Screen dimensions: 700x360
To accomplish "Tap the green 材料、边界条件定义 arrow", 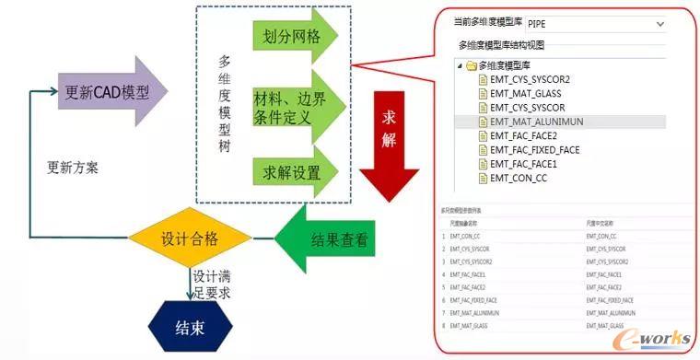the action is click(294, 110).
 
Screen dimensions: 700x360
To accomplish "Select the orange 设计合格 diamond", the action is click(189, 238).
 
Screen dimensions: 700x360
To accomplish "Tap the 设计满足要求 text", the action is click(214, 284).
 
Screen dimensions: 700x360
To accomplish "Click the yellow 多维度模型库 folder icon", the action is click(471, 65).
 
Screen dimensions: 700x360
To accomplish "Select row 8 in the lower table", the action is click(553, 326).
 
